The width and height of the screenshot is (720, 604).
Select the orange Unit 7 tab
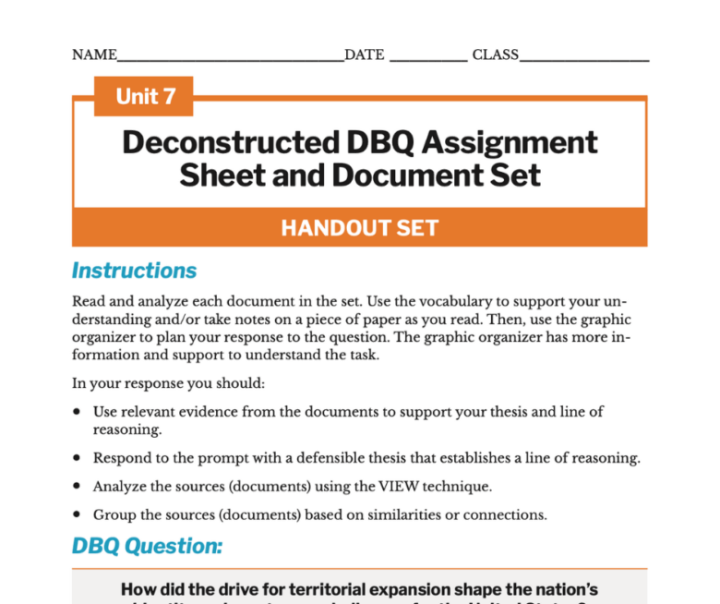[144, 96]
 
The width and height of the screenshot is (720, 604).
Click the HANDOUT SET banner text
[359, 228]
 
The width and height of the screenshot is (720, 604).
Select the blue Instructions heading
[135, 271]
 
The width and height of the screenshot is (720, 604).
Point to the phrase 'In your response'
[120, 383]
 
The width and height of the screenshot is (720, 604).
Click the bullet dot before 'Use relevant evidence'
[78, 412]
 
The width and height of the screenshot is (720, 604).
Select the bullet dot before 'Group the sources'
[78, 514]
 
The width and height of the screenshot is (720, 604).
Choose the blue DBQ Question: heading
[147, 546]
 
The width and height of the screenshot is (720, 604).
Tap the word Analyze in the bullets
[117, 486]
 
